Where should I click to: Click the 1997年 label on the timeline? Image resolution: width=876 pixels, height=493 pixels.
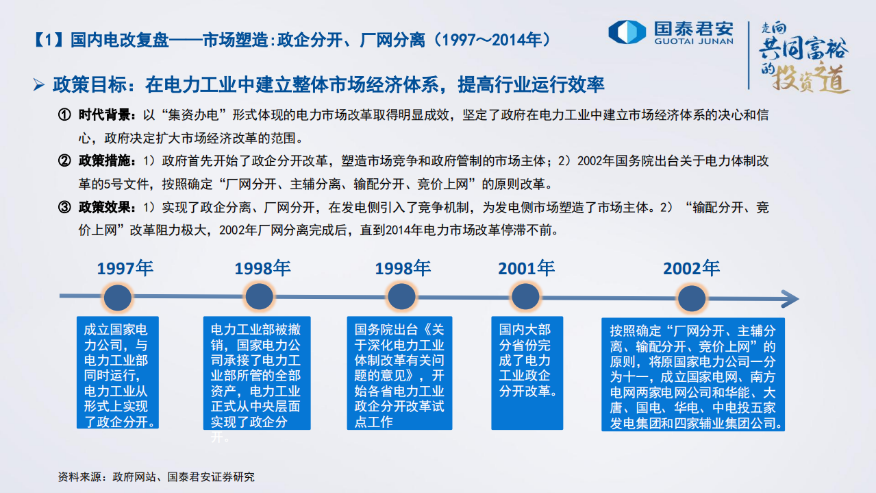(125, 268)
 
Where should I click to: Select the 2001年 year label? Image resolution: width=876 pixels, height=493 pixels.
(526, 268)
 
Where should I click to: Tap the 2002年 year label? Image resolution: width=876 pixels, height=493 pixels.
(691, 268)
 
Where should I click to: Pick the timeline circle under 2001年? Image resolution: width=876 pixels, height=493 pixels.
(525, 298)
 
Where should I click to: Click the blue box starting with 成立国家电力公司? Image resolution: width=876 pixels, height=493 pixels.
(116, 372)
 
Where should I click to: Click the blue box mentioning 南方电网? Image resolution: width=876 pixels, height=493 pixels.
(692, 374)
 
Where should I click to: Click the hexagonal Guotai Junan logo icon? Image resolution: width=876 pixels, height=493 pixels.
(627, 32)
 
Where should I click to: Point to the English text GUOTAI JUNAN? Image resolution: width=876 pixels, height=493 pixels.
(694, 41)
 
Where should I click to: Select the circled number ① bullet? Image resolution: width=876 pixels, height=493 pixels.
(64, 115)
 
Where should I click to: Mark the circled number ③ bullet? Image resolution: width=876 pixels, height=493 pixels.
(64, 207)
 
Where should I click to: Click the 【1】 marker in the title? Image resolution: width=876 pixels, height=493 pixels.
(49, 39)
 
